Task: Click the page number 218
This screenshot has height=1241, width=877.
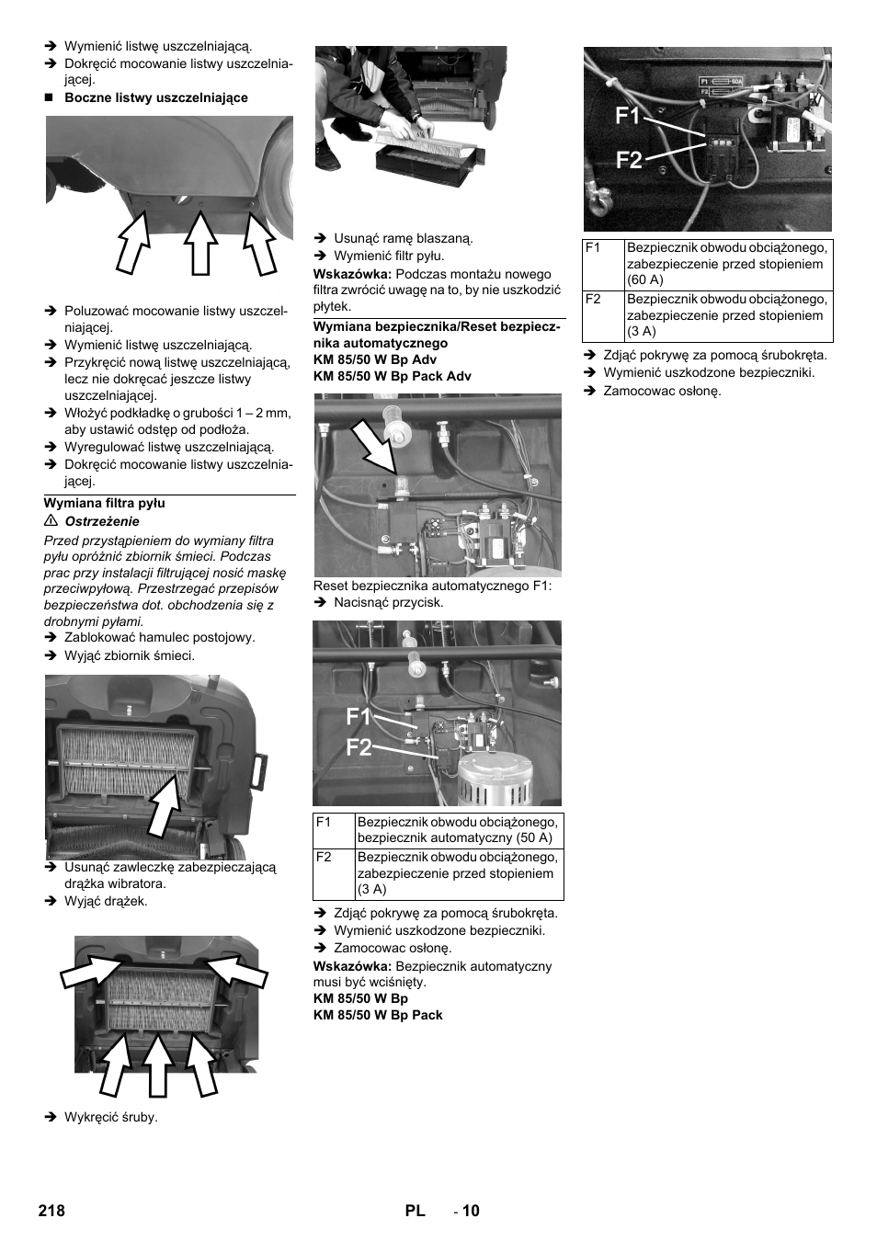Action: (51, 1211)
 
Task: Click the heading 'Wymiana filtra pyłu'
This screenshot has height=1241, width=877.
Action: (105, 504)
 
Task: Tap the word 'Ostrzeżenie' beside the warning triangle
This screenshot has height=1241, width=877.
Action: (102, 521)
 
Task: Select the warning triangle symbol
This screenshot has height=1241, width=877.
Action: (51, 521)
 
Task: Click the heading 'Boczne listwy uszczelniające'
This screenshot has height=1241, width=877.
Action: (155, 97)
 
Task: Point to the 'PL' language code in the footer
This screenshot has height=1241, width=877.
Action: (415, 1211)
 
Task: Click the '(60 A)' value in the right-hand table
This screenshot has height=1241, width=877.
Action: (646, 279)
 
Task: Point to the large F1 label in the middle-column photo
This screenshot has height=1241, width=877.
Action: (359, 716)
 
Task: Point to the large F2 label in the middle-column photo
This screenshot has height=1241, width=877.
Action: (359, 747)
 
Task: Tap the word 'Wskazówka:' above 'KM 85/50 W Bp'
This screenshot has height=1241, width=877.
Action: (353, 966)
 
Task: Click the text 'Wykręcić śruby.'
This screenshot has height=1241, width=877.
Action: (110, 1117)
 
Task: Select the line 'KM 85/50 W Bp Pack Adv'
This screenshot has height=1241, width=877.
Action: (392, 376)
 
